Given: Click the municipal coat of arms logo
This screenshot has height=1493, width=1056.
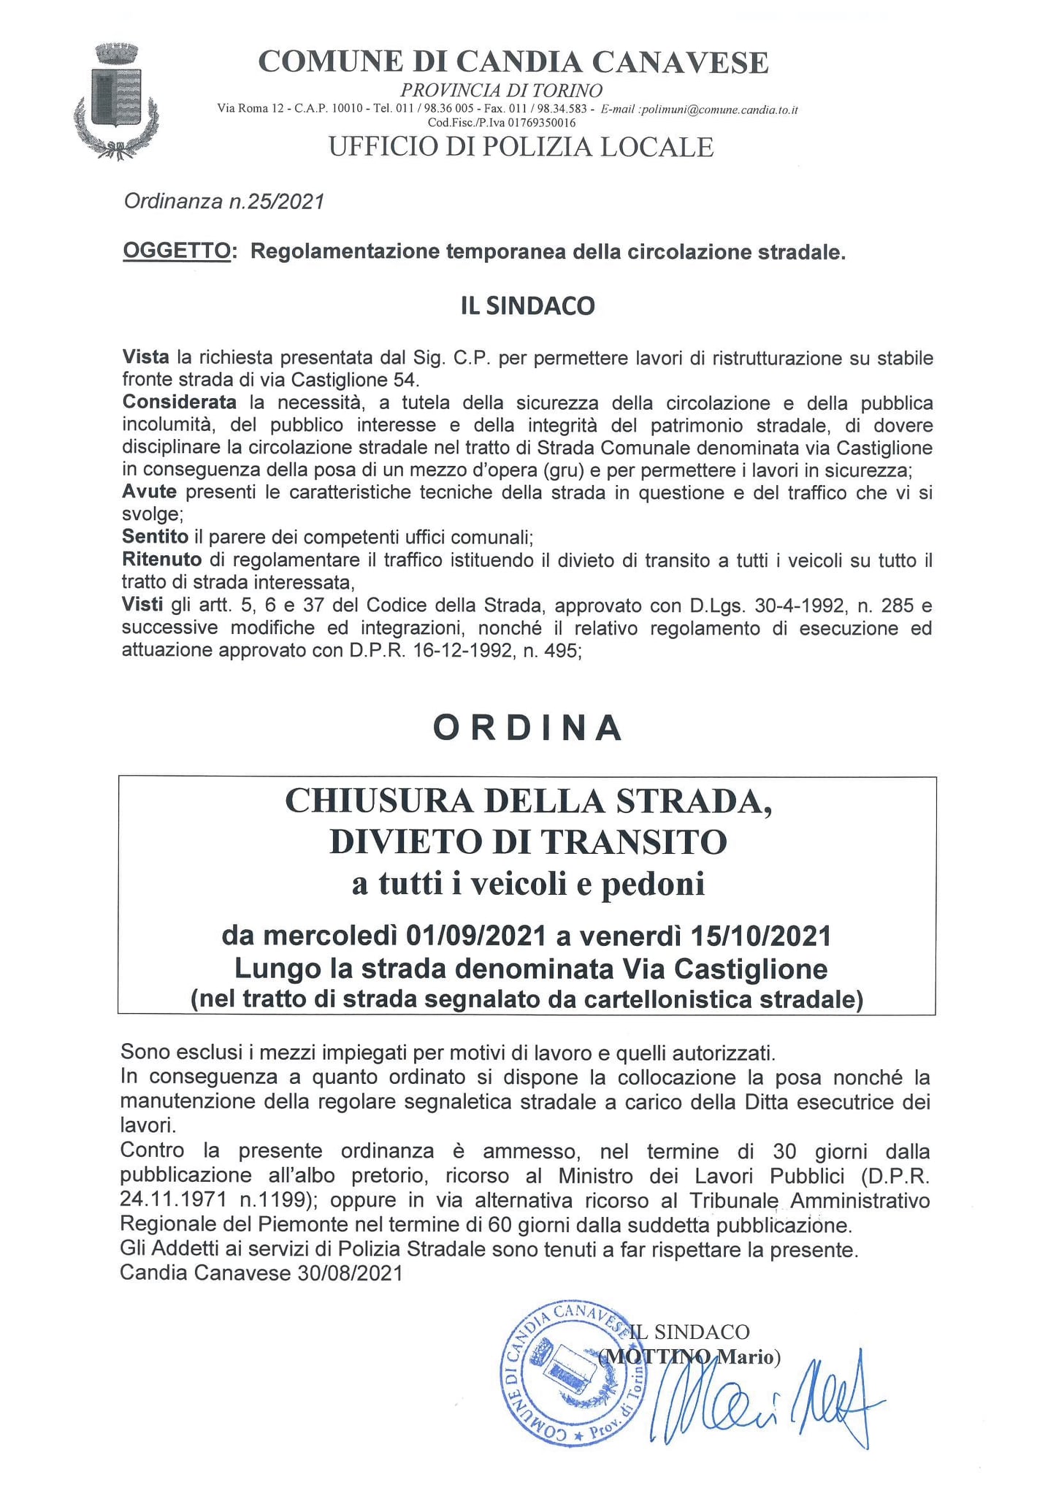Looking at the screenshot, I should click(116, 100).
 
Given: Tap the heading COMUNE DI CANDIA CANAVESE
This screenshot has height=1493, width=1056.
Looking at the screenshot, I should click(513, 63).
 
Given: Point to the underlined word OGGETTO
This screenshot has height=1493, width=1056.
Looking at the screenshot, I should click(177, 251).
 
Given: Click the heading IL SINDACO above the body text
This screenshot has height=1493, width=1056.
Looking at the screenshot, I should click(527, 305).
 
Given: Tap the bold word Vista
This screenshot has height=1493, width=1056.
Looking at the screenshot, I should click(146, 357).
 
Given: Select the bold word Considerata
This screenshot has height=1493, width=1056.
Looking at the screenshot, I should click(180, 402).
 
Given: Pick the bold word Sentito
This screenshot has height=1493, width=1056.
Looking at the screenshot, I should click(155, 537).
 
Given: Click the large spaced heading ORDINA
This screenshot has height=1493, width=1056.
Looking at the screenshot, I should click(527, 728).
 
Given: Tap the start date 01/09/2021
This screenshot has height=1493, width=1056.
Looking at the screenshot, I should click(476, 935).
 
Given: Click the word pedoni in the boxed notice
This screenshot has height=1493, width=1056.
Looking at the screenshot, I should click(653, 884).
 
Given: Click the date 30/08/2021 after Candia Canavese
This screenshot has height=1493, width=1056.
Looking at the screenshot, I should click(350, 1273).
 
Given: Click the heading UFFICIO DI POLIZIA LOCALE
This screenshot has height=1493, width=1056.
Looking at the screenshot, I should click(521, 147).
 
